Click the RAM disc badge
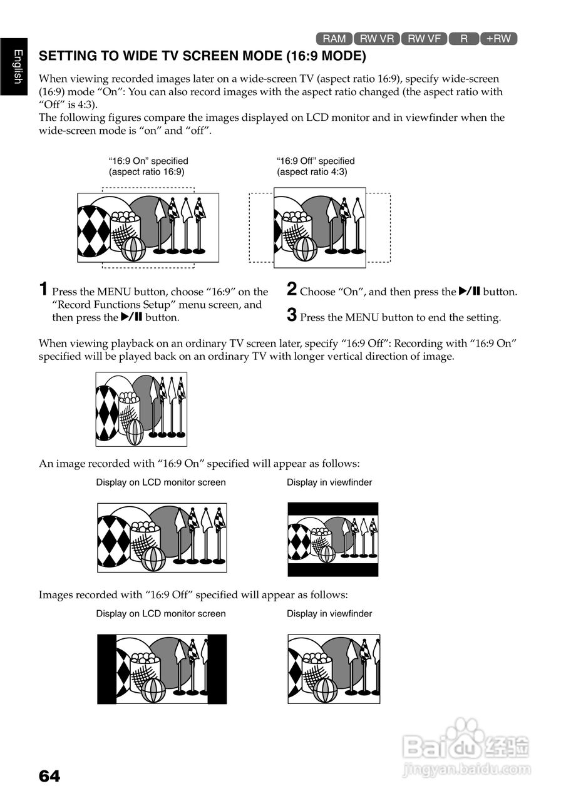point(334,39)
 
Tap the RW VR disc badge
point(377,39)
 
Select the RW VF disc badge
point(424,39)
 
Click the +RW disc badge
point(498,39)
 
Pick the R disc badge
point(464,39)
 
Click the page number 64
point(49,777)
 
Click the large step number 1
point(43,289)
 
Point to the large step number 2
point(292,289)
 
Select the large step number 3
point(292,315)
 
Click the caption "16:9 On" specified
point(148,161)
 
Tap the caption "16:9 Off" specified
point(316,161)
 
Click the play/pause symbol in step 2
point(469,291)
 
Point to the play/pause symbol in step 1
point(131,317)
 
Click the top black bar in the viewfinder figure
point(333,508)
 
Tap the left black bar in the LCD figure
point(106,668)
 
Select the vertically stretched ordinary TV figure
point(141,409)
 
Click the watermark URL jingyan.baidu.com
point(467,769)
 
